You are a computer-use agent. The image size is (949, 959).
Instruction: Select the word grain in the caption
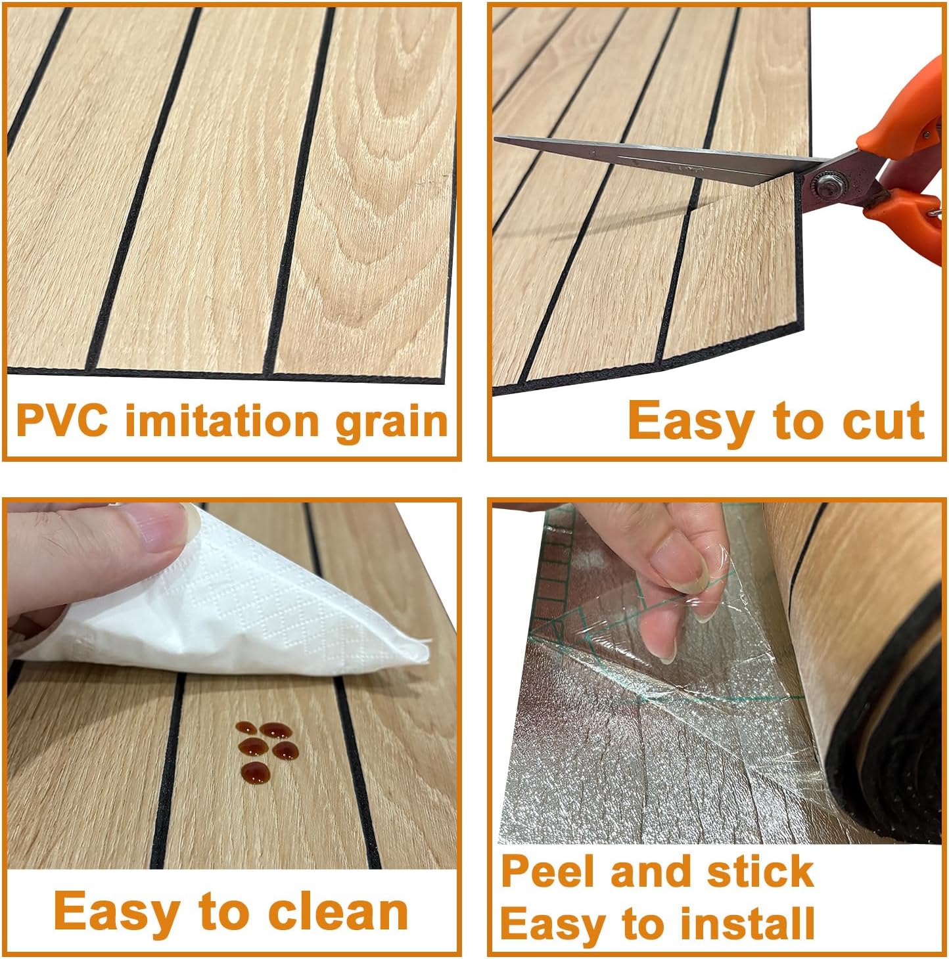point(392,422)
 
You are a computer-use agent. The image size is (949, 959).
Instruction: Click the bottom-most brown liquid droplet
point(256,771)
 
